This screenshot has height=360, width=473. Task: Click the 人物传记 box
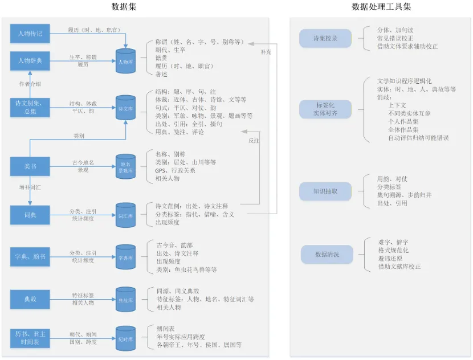coord(30,34)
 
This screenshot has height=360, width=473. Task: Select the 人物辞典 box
coord(30,60)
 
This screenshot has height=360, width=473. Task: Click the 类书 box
coord(30,166)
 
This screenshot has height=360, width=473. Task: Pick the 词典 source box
coord(30,214)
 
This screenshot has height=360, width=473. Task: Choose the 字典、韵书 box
coord(30,257)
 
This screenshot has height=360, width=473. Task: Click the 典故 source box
coord(30,298)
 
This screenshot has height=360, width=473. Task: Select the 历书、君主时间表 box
coord(30,338)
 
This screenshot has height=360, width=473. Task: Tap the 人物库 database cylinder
coord(126,62)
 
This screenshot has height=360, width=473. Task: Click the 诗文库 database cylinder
coord(126,108)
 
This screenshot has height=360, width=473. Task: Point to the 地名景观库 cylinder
coord(126,166)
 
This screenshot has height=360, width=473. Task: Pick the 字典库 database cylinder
coord(126,257)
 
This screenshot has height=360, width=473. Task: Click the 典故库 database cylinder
coord(126,299)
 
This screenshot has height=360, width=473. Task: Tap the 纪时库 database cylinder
coord(126,338)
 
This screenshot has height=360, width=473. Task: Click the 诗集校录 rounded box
coord(325,39)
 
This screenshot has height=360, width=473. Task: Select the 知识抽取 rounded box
coord(325,191)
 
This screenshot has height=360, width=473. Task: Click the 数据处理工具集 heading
coord(381,7)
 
